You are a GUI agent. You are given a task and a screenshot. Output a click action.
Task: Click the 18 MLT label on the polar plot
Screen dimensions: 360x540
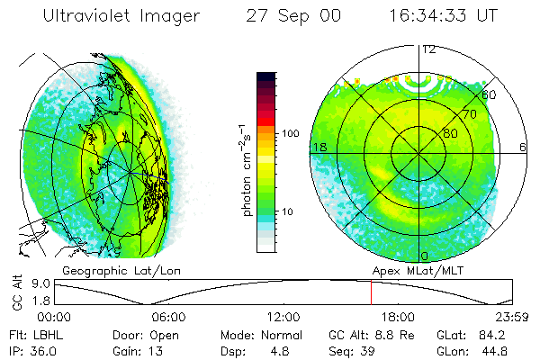tap(318, 146)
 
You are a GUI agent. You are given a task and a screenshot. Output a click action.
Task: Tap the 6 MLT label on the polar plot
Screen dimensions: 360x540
tap(523, 146)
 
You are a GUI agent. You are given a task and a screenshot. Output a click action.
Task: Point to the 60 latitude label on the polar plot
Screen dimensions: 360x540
tap(490, 94)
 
